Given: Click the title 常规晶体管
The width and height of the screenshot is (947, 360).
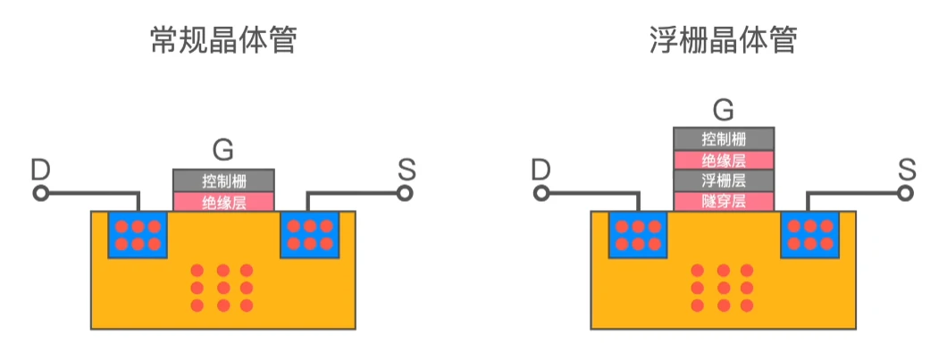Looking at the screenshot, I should pos(223,41).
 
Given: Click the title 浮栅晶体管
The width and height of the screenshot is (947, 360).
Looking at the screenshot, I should pos(723,41).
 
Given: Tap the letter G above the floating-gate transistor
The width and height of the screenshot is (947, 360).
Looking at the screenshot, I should pos(724,110).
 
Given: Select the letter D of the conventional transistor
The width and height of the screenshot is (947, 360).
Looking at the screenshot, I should pos(40,169).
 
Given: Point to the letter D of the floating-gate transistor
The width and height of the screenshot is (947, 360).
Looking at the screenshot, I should pos(540,169).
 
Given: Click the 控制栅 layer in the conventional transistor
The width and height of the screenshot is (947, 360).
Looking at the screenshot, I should pos(223,180).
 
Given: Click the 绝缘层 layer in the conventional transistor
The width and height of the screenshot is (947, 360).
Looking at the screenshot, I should pos(223,201).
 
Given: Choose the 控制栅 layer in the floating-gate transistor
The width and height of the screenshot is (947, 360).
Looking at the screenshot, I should pos(724,138).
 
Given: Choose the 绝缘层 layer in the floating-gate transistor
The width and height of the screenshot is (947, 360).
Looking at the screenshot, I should pos(724,160).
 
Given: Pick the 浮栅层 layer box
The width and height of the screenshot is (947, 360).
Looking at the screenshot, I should pos(724,180).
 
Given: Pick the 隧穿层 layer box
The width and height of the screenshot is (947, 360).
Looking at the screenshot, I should pos(724,201).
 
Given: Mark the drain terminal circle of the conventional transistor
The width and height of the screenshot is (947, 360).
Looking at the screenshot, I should pos(39,192).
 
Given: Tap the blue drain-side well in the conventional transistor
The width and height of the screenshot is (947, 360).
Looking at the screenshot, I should pos(138,234).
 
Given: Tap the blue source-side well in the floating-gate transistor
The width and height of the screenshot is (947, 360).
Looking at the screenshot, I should pos(810,234).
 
